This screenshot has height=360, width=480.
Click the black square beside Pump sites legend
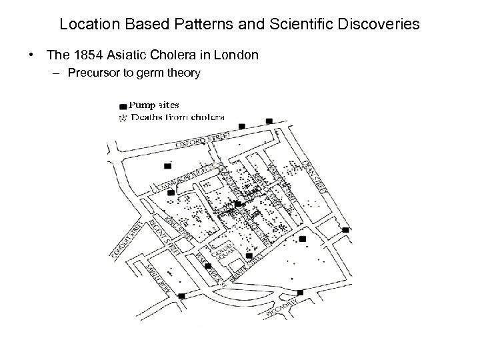coord(122,106)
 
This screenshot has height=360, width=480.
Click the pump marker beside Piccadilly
coord(300,293)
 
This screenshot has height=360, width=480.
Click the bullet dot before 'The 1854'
coord(32,55)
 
